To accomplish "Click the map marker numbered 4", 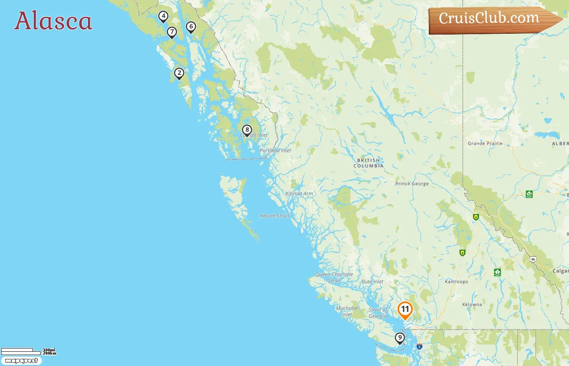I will (x=163, y=16).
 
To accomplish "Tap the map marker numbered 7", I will (x=172, y=32).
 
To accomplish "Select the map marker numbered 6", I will (x=191, y=27).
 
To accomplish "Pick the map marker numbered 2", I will (x=179, y=73).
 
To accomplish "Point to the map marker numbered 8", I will (x=247, y=130).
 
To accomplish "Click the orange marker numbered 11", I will (x=405, y=309).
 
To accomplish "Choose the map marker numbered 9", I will (x=400, y=338).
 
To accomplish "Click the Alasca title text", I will (x=53, y=21).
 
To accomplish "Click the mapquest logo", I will (x=21, y=361).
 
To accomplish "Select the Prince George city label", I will (x=412, y=184).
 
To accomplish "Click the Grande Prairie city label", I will (x=485, y=144).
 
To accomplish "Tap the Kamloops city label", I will (x=456, y=282).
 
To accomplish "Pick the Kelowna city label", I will (x=472, y=305).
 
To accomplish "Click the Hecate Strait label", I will (x=274, y=216).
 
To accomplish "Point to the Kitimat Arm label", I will (x=299, y=194).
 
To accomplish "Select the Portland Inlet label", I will (x=275, y=150).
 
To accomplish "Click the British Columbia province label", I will (x=368, y=163).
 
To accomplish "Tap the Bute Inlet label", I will (x=372, y=282).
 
